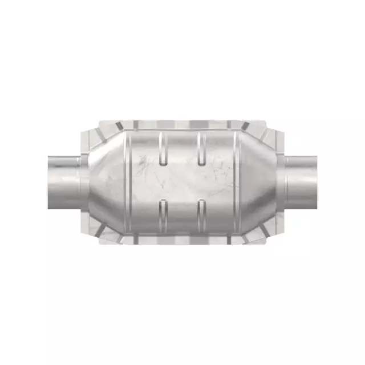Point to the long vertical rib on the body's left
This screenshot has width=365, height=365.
[128, 182]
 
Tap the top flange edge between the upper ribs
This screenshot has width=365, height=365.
[181, 124]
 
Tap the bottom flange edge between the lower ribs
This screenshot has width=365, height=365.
[181, 240]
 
